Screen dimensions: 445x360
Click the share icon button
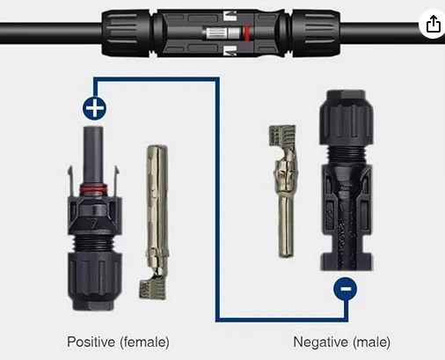(433, 24)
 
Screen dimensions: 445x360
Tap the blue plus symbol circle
(95, 108)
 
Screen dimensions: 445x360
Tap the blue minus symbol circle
(346, 289)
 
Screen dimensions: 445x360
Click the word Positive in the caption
(91, 342)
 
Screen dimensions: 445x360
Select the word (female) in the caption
(144, 342)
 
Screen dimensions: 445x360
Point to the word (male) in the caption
(371, 342)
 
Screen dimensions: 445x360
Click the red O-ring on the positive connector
(93, 189)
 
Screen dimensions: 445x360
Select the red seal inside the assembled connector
(247, 33)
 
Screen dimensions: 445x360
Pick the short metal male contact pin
(284, 191)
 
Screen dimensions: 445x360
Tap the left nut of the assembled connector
(127, 33)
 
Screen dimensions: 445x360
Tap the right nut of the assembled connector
(316, 33)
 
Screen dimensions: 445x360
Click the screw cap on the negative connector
(347, 117)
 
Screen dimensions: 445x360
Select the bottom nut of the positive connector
(95, 280)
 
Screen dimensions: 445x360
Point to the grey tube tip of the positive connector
(93, 156)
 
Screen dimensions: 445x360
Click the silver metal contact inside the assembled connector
(222, 33)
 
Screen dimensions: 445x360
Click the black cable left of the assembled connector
(51, 33)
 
